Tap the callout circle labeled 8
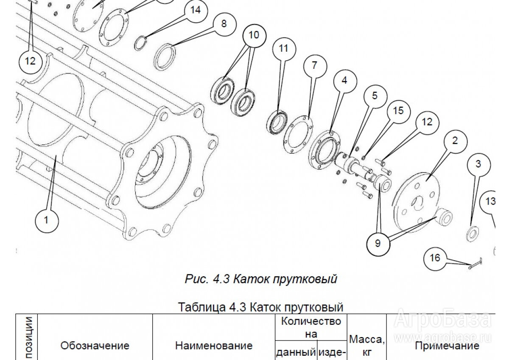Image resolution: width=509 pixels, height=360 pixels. [224, 23]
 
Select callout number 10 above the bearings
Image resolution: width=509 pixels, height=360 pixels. [253, 35]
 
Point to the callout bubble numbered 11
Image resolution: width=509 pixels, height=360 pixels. [283, 48]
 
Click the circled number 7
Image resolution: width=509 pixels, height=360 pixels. [314, 65]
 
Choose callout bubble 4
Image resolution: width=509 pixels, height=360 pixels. [344, 80]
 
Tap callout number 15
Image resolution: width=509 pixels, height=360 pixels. [397, 111]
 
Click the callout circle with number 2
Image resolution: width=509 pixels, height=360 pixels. [455, 141]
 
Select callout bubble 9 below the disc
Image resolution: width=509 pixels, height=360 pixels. [378, 243]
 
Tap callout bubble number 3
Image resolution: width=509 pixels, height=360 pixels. [478, 164]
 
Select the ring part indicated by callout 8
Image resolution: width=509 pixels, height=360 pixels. [166, 56]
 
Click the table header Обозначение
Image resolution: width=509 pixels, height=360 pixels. [95, 346]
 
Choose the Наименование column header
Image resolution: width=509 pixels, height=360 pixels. [213, 346]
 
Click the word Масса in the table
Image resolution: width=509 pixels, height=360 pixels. [367, 339]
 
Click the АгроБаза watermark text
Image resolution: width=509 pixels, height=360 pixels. [444, 321]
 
